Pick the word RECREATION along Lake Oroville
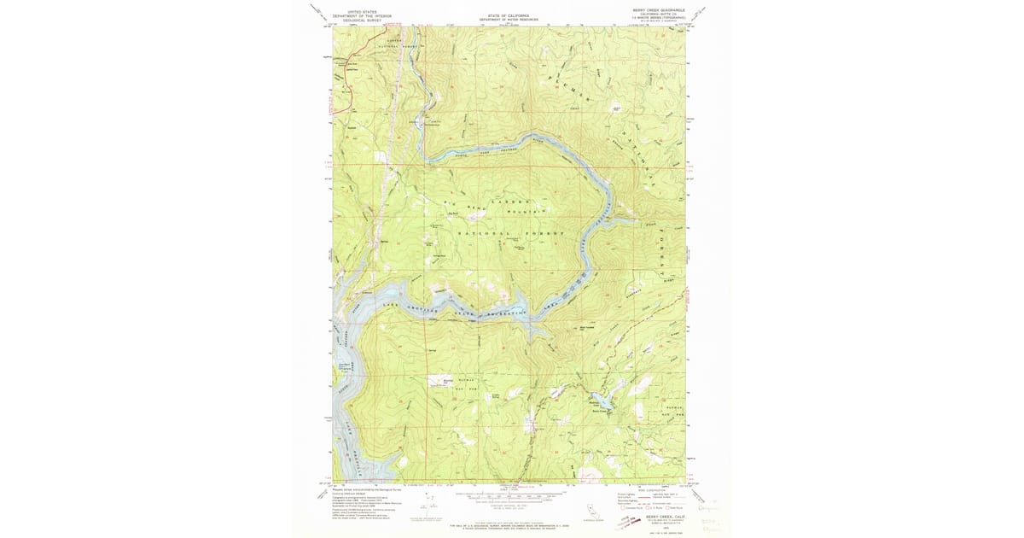pos(506,315)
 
